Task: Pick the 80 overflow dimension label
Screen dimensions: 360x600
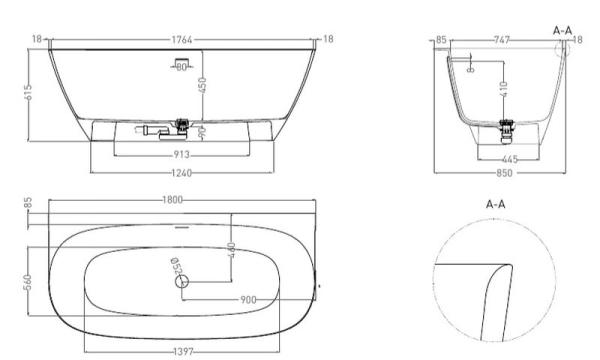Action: (182, 66)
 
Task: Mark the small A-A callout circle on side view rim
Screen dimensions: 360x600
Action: (567, 50)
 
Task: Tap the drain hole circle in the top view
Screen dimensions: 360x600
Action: (183, 283)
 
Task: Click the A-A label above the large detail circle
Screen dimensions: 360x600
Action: (494, 202)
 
